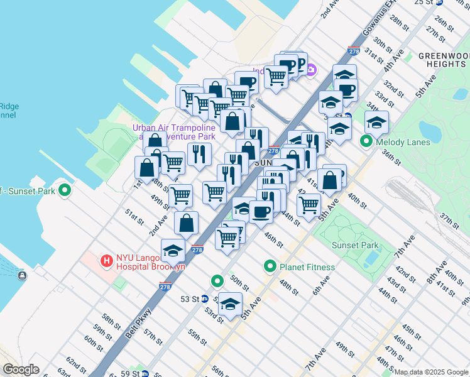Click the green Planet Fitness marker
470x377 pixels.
(270, 266)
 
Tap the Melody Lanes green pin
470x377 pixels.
(366, 142)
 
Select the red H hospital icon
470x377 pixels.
(107, 260)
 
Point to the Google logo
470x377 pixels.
(21, 369)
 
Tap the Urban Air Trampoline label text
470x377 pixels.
(173, 128)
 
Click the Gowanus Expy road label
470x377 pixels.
(374, 17)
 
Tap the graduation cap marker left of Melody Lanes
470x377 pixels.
(339, 129)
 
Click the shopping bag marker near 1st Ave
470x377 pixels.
(146, 168)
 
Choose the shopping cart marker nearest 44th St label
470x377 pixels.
(309, 204)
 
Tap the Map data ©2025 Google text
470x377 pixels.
(432, 372)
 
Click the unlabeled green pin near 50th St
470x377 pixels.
(217, 281)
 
